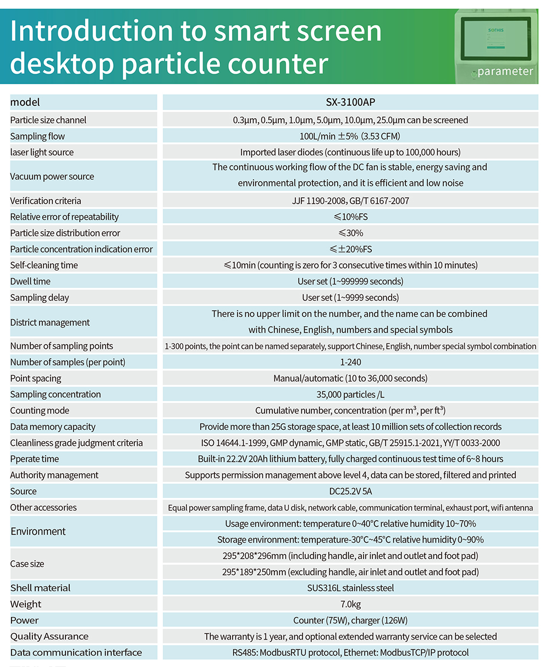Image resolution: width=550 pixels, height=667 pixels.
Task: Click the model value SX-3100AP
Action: click(350, 102)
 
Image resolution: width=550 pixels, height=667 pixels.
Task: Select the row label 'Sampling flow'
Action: click(37, 136)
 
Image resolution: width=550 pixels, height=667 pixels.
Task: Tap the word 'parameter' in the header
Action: click(505, 71)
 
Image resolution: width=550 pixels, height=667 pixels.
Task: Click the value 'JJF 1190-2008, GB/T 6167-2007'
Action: click(350, 201)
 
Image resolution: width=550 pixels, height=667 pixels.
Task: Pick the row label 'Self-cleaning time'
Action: click(44, 265)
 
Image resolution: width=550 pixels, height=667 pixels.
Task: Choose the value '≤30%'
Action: click(350, 233)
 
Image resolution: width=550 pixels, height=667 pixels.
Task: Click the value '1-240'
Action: click(350, 362)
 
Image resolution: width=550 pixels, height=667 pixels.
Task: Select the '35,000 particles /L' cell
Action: click(350, 395)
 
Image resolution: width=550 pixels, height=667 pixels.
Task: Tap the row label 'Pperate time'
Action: click(35, 459)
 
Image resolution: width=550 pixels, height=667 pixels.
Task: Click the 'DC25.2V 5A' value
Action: click(350, 491)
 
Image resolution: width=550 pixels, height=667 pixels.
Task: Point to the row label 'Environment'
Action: click(38, 532)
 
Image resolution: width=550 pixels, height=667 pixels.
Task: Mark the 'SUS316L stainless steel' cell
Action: click(350, 588)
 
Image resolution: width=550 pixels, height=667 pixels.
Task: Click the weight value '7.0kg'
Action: click(350, 604)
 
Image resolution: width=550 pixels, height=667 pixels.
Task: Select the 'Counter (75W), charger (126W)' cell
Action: click(350, 620)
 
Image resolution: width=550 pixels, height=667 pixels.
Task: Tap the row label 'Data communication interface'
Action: click(76, 653)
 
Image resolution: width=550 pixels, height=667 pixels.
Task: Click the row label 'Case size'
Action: click(27, 564)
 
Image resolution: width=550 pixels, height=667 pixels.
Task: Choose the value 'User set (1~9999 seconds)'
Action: click(350, 298)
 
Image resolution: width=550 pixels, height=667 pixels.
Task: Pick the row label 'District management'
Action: click(50, 322)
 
